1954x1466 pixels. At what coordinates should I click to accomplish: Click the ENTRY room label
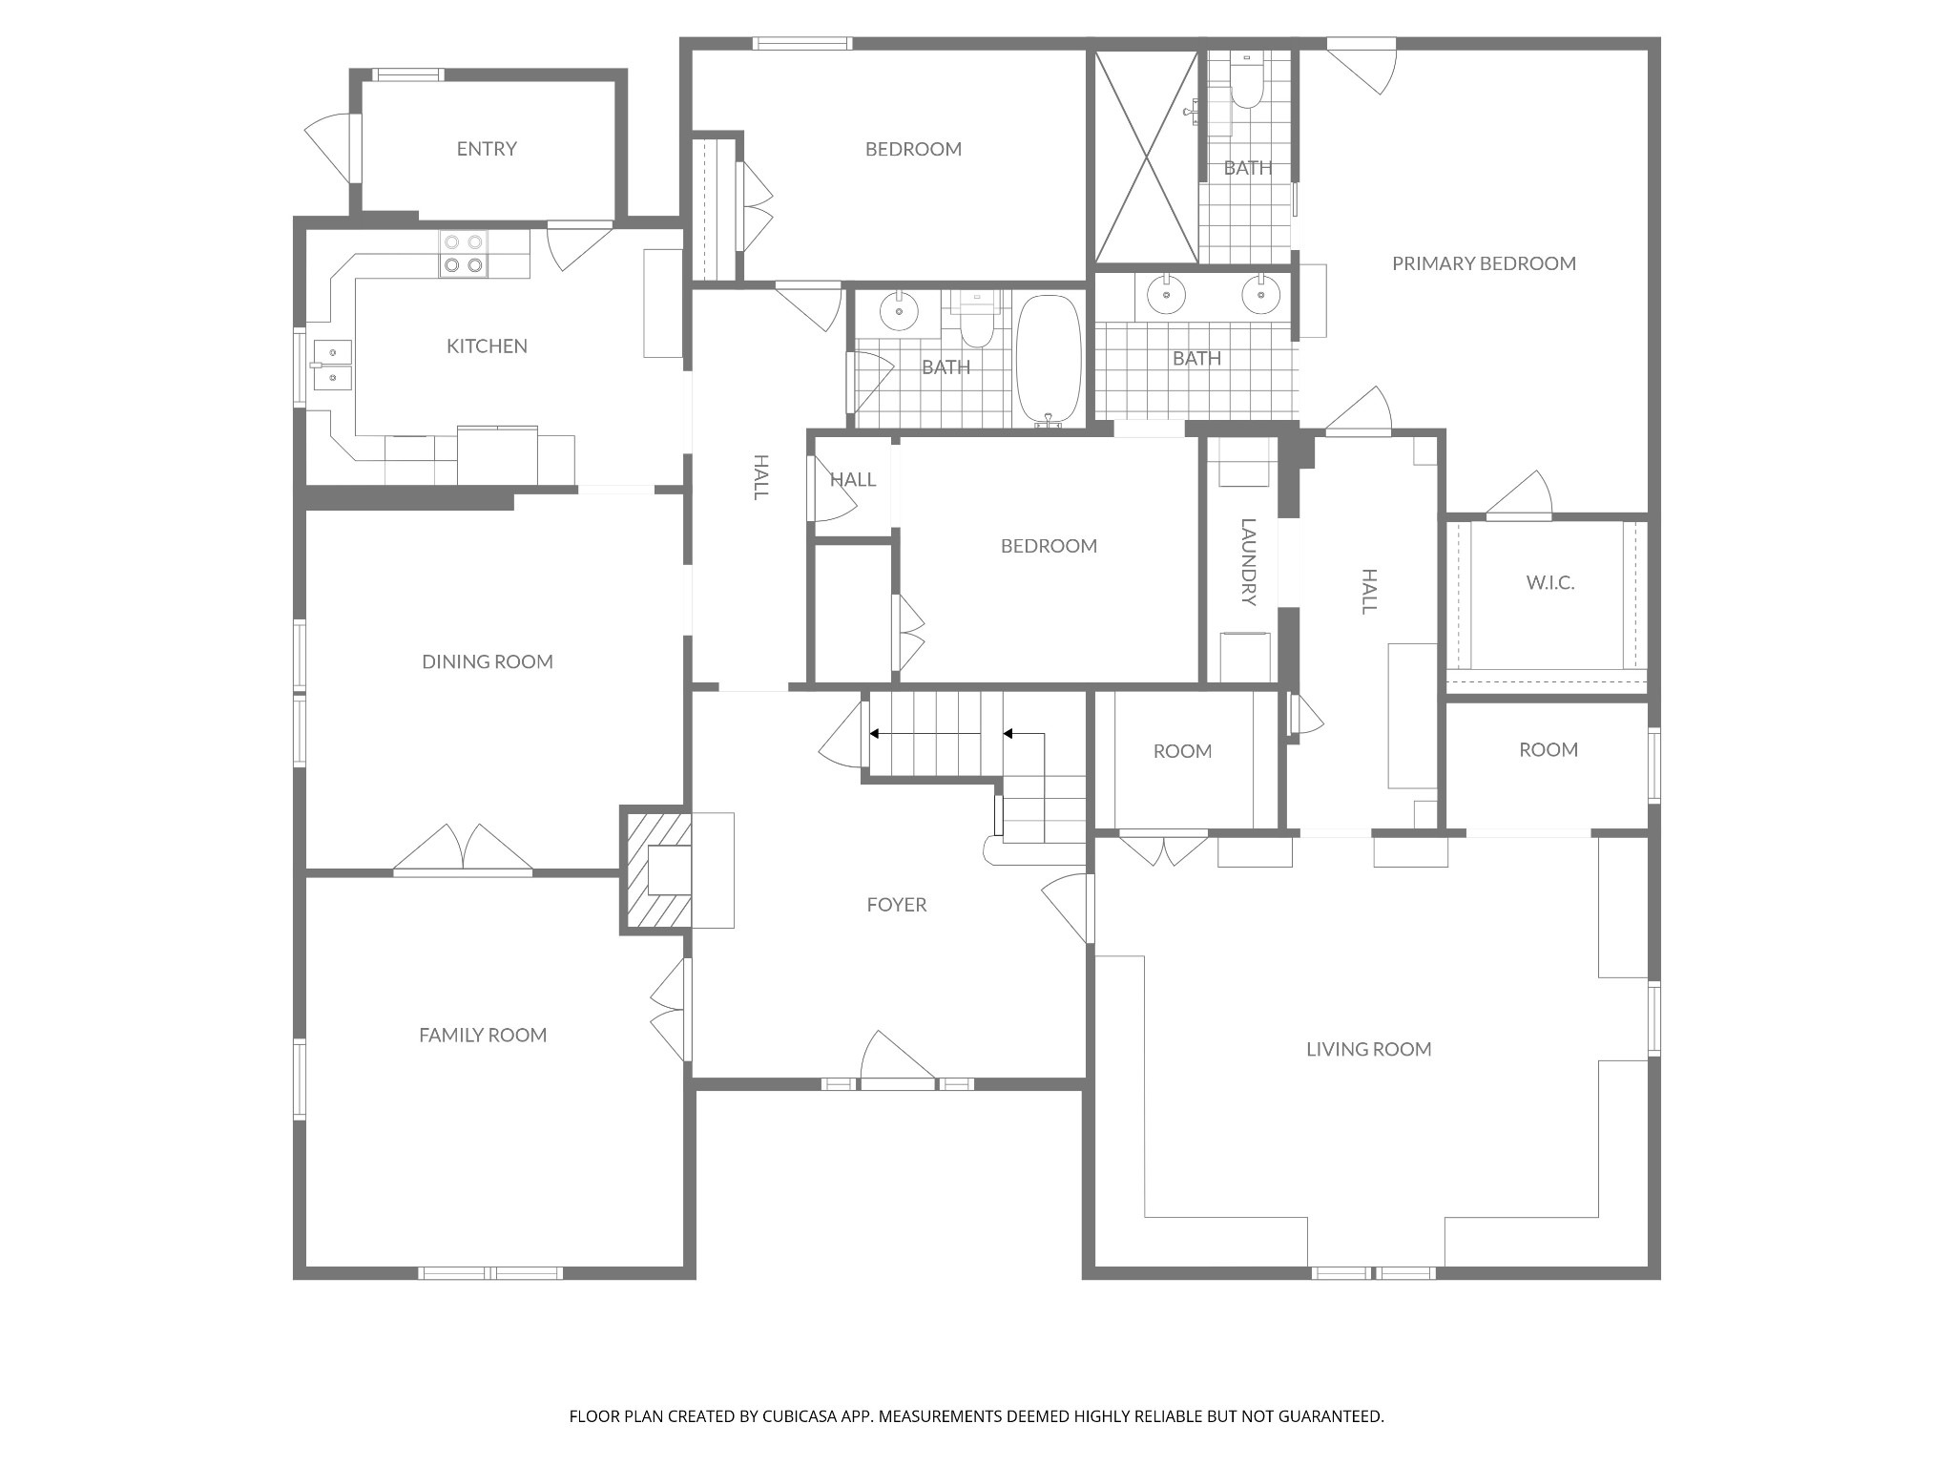[487, 149]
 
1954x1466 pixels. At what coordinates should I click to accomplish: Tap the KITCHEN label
[487, 346]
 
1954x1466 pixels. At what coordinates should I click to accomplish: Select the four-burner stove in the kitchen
[464, 254]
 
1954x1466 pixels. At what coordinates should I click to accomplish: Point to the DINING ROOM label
[488, 661]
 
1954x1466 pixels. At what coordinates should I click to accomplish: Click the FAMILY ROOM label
[483, 1035]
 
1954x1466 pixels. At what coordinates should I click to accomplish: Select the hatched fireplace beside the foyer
[656, 870]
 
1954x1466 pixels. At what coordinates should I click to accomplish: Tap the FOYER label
[897, 905]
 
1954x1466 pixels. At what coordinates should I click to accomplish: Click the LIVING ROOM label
[1369, 1050]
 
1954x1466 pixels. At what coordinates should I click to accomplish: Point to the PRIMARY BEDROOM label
[1484, 263]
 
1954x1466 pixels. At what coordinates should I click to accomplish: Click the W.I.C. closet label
[1550, 582]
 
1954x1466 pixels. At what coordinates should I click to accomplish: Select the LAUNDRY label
[1248, 562]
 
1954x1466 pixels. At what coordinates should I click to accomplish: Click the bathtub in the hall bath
[1049, 360]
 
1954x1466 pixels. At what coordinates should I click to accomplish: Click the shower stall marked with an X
[1146, 157]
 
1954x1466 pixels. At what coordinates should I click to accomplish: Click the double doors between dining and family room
[463, 849]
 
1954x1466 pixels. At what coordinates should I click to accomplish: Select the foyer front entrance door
[898, 1059]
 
